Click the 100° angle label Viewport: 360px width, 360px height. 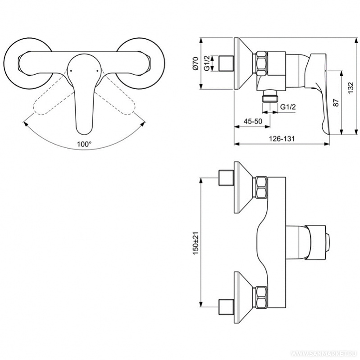tap(84, 144)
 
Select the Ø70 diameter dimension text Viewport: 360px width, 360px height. tap(196, 64)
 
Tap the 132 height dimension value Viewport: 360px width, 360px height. tap(351, 87)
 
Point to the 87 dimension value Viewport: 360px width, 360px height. tap(336, 102)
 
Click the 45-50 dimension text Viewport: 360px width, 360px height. tap(253, 121)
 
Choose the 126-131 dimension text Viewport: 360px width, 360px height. tap(282, 139)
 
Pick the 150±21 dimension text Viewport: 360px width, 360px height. tap(196, 243)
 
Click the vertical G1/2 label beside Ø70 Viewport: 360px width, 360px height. tap(207, 64)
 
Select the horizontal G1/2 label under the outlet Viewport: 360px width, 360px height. tap(288, 107)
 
